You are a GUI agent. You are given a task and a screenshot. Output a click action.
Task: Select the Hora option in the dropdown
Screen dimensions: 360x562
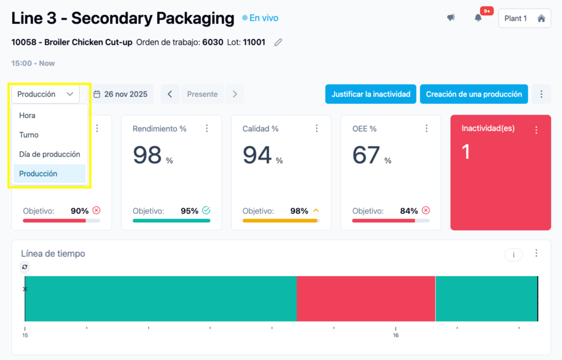coord(28,116)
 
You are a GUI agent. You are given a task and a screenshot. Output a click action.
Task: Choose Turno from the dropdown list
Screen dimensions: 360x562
coord(29,135)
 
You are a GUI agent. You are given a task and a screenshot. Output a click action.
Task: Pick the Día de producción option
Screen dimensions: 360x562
coord(49,154)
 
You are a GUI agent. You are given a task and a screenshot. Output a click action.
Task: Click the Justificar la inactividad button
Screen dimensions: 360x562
coord(371,94)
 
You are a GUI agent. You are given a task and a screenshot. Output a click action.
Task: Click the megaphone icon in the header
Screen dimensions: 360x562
coord(451,18)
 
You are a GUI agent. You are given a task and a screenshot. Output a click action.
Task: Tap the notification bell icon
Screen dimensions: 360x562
coord(478,18)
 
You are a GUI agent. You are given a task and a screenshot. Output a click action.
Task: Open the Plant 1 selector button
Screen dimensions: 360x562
coord(525,18)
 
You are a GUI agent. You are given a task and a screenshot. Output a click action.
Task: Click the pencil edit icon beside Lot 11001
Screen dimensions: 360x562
coord(278,43)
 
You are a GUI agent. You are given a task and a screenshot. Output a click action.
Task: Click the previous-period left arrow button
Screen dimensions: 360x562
coord(170,94)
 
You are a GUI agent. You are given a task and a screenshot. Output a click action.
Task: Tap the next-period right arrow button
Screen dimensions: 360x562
coord(235,94)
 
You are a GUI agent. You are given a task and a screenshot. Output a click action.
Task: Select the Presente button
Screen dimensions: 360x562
coord(202,94)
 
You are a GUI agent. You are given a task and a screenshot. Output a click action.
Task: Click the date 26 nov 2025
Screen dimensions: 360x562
coord(121,94)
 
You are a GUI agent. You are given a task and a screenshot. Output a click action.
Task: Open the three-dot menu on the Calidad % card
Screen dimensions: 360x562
coord(317,128)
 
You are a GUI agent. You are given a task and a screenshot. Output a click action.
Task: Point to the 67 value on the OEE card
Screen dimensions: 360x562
coord(366,155)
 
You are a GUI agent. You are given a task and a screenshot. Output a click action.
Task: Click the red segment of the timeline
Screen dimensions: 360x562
coord(366,299)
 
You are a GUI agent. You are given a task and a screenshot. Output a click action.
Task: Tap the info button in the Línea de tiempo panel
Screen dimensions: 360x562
coord(514,255)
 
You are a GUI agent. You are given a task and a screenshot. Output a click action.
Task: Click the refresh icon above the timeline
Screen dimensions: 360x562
coord(25,267)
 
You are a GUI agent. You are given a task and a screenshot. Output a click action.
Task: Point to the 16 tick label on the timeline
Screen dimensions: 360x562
coord(396,336)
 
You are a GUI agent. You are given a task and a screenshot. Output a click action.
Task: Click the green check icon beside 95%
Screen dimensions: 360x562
coord(206,211)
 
